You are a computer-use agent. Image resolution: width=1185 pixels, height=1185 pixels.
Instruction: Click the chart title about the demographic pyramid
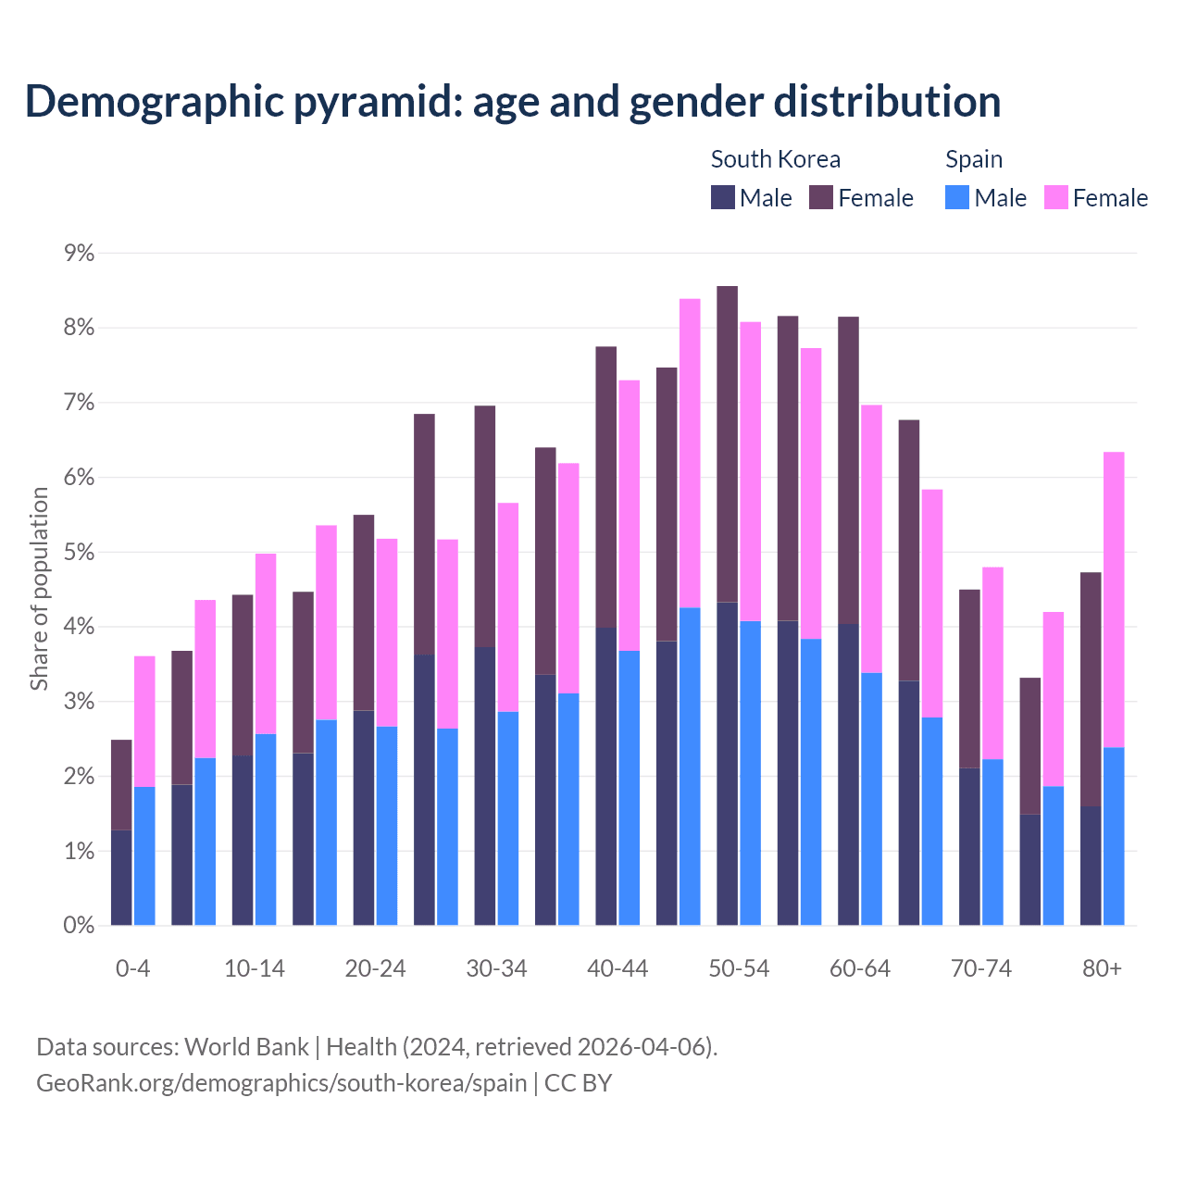click(x=513, y=102)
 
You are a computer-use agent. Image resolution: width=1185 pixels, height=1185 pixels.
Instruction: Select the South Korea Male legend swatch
click(x=723, y=198)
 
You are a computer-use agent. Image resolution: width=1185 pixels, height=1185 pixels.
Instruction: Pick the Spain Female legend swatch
click(x=1056, y=198)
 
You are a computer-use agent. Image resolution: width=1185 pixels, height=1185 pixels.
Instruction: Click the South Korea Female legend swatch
click(x=821, y=198)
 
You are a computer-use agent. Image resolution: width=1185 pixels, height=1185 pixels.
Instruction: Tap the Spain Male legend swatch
click(x=957, y=198)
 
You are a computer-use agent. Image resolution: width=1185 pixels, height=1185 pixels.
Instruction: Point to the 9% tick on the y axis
click(x=79, y=253)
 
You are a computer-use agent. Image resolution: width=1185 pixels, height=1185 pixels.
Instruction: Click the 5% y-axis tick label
click(x=79, y=552)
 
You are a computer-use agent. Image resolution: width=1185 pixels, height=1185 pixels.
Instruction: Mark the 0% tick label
click(x=79, y=925)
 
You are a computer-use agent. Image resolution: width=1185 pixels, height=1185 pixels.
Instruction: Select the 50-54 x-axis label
click(x=739, y=968)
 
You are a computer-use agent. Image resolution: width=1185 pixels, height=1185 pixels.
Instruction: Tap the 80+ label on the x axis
click(x=1102, y=968)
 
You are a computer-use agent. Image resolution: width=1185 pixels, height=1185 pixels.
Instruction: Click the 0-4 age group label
click(x=132, y=968)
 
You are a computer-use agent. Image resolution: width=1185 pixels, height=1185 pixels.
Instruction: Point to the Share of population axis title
click(x=39, y=589)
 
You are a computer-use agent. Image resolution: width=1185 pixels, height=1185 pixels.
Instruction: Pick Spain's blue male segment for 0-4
click(x=144, y=855)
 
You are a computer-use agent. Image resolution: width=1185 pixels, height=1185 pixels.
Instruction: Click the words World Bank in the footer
click(x=246, y=1047)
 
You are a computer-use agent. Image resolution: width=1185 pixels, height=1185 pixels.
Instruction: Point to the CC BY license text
click(x=579, y=1083)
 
